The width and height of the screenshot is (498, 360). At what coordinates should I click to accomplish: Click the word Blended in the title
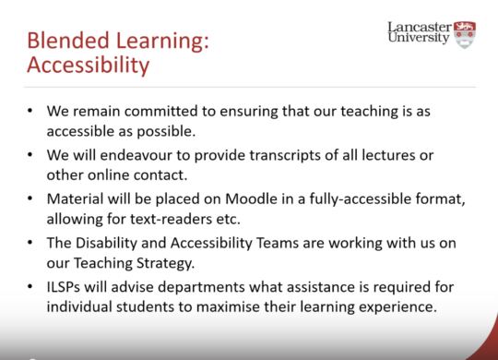coord(68,41)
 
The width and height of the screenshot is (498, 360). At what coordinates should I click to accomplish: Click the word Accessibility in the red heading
coord(89,66)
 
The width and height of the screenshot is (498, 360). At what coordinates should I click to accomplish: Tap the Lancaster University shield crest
coord(465,35)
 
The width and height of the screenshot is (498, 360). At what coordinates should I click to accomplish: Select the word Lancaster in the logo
coord(420,28)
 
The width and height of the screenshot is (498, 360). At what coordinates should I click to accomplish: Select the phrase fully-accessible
coord(361,199)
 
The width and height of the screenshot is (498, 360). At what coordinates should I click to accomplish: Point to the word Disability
coord(106,243)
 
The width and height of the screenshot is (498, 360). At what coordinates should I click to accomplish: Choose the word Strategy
coord(165,263)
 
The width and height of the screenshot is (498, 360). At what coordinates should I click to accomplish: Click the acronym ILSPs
coord(64,287)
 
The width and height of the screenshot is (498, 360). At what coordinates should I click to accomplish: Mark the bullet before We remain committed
coord(30,111)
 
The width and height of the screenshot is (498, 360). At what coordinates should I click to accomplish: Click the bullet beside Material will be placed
coord(30,198)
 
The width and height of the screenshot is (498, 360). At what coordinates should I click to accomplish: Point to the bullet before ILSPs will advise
coord(30,286)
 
